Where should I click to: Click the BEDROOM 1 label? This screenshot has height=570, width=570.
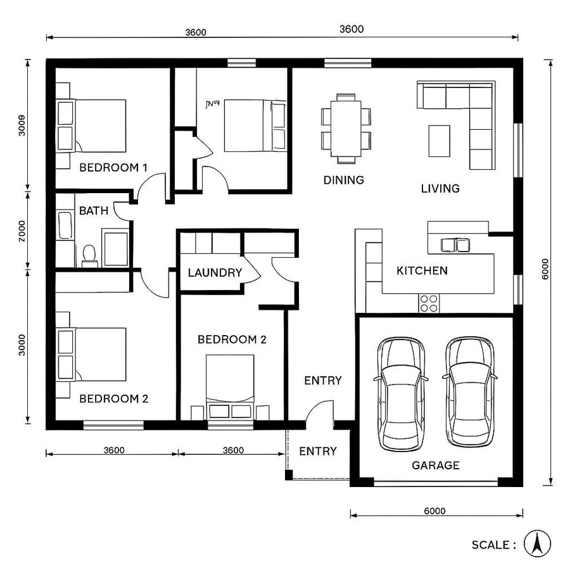[x=113, y=168]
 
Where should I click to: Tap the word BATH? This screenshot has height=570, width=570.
[x=93, y=211]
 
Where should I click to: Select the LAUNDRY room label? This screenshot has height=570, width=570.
[x=215, y=273]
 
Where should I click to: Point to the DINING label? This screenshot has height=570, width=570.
[x=343, y=180]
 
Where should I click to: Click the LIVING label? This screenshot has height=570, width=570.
[x=440, y=188]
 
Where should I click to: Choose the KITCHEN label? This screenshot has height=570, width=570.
[x=422, y=271]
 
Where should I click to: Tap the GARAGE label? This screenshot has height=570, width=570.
[x=435, y=465]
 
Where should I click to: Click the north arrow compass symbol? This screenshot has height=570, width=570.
[x=537, y=543]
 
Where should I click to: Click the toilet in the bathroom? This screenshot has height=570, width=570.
[x=89, y=255]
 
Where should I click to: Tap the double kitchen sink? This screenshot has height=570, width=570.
[x=455, y=244]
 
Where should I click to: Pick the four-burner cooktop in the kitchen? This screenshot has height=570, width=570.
[x=429, y=303]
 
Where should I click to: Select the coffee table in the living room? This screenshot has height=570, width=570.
[x=439, y=141]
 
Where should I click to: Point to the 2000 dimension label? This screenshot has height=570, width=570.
[x=22, y=232]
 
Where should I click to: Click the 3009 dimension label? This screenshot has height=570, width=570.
[x=22, y=125]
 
